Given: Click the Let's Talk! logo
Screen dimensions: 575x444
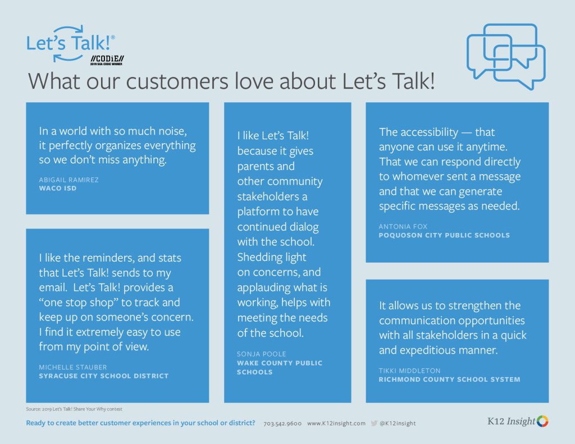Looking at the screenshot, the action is pos(70,44).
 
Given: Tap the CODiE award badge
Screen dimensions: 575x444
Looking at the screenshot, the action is pos(107,61).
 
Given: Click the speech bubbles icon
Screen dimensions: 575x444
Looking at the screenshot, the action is pos(506,57).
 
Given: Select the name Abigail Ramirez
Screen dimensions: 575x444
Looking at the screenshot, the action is pos(69,180).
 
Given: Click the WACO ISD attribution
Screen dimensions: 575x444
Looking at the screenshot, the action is pos(58,189).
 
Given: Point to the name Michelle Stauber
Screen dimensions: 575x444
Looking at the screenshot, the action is pos(73,367).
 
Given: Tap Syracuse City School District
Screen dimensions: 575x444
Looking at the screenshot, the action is pos(104,376).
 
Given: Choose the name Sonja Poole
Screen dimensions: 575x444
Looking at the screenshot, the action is pos(262,354).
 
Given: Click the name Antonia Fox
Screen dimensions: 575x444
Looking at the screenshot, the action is pos(403,227).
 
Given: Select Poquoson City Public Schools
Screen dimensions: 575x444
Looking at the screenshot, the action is pos(444,235).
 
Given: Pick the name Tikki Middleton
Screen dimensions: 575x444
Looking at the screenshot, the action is pos(409,370).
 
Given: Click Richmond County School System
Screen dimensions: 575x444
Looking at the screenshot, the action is pos(450,379).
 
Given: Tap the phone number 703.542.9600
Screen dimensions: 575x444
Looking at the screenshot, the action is pos(282,423).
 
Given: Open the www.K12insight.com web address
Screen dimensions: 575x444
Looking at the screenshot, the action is pos(336,423).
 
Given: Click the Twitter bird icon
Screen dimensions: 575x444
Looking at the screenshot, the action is pos(374,423).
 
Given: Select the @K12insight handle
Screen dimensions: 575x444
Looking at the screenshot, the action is pos(398,423).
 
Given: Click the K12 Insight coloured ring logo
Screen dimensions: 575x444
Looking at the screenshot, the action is pos(543,422).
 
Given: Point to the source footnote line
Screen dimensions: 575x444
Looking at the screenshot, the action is pos(74,409).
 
